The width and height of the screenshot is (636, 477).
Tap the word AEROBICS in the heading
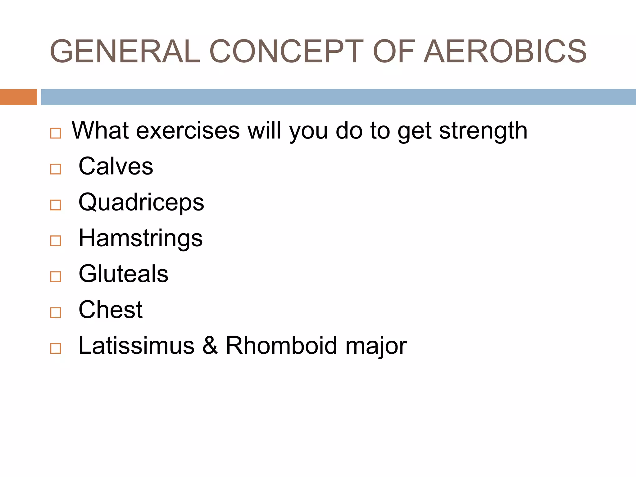click(505, 51)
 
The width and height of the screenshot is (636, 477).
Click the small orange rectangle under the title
click(18, 97)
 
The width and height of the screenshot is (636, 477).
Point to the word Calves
click(116, 166)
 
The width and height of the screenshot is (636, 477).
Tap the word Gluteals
click(123, 274)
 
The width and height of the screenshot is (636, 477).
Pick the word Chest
click(111, 310)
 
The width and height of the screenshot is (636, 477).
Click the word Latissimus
click(136, 345)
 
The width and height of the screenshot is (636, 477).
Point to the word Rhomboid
click(281, 345)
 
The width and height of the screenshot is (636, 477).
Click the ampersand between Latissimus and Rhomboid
click(210, 345)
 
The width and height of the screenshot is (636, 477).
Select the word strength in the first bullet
click(483, 130)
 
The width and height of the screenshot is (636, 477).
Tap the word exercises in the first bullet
click(188, 130)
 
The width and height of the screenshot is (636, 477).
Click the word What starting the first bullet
click(100, 130)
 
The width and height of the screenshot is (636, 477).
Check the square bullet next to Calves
click(56, 169)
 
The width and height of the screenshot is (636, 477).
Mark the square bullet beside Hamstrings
click(56, 241)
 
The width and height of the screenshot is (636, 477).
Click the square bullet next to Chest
click(56, 313)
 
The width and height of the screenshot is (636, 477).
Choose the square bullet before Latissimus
click(56, 348)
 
